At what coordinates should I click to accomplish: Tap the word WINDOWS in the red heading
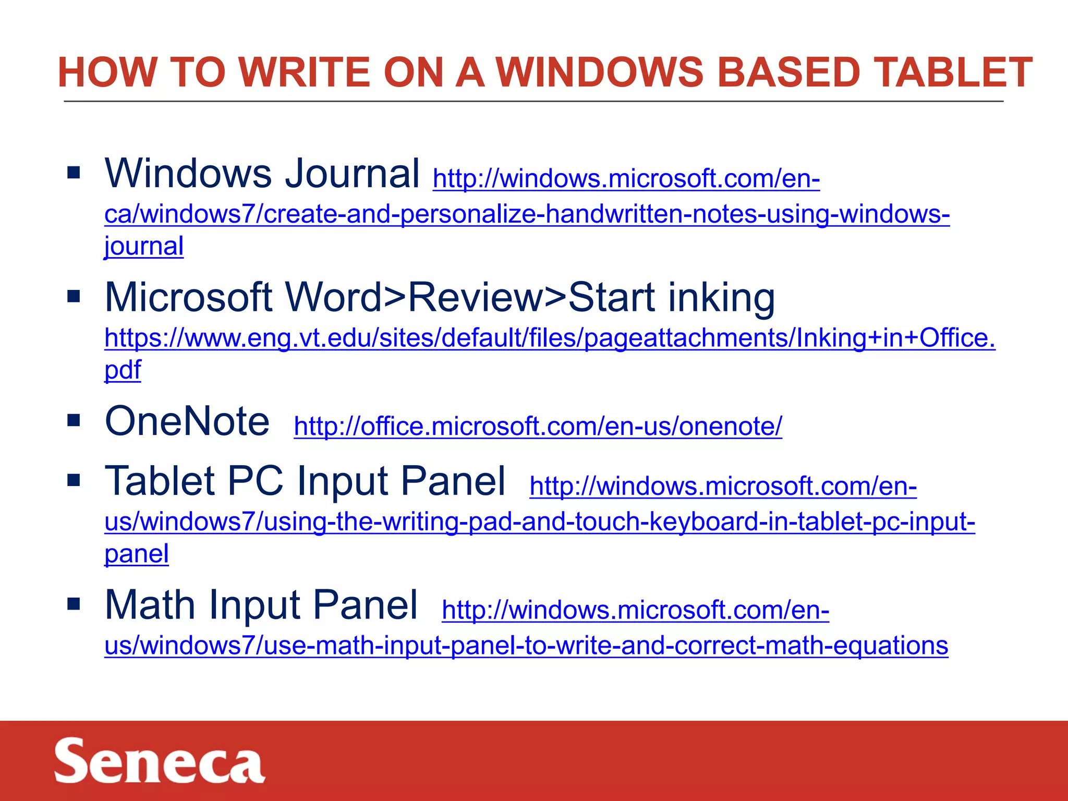[x=600, y=72]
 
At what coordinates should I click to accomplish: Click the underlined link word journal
[x=144, y=246]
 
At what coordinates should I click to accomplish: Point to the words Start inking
[x=671, y=297]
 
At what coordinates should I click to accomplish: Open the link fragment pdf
[x=123, y=370]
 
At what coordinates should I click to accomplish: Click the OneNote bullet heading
[x=187, y=421]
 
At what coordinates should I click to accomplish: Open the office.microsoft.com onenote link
[x=538, y=427]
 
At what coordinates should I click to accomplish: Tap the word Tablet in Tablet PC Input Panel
[x=160, y=481]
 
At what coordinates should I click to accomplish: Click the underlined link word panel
[x=137, y=554]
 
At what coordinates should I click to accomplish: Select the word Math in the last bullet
[x=150, y=605]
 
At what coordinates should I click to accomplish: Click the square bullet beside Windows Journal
[x=74, y=172]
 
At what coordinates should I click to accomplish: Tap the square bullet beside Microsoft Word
[x=74, y=296]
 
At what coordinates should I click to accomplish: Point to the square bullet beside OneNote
[x=74, y=420]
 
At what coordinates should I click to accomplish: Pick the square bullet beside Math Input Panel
[x=74, y=604]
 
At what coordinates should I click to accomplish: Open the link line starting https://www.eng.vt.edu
[x=550, y=338]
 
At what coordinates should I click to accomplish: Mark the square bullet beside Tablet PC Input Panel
[x=74, y=480]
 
